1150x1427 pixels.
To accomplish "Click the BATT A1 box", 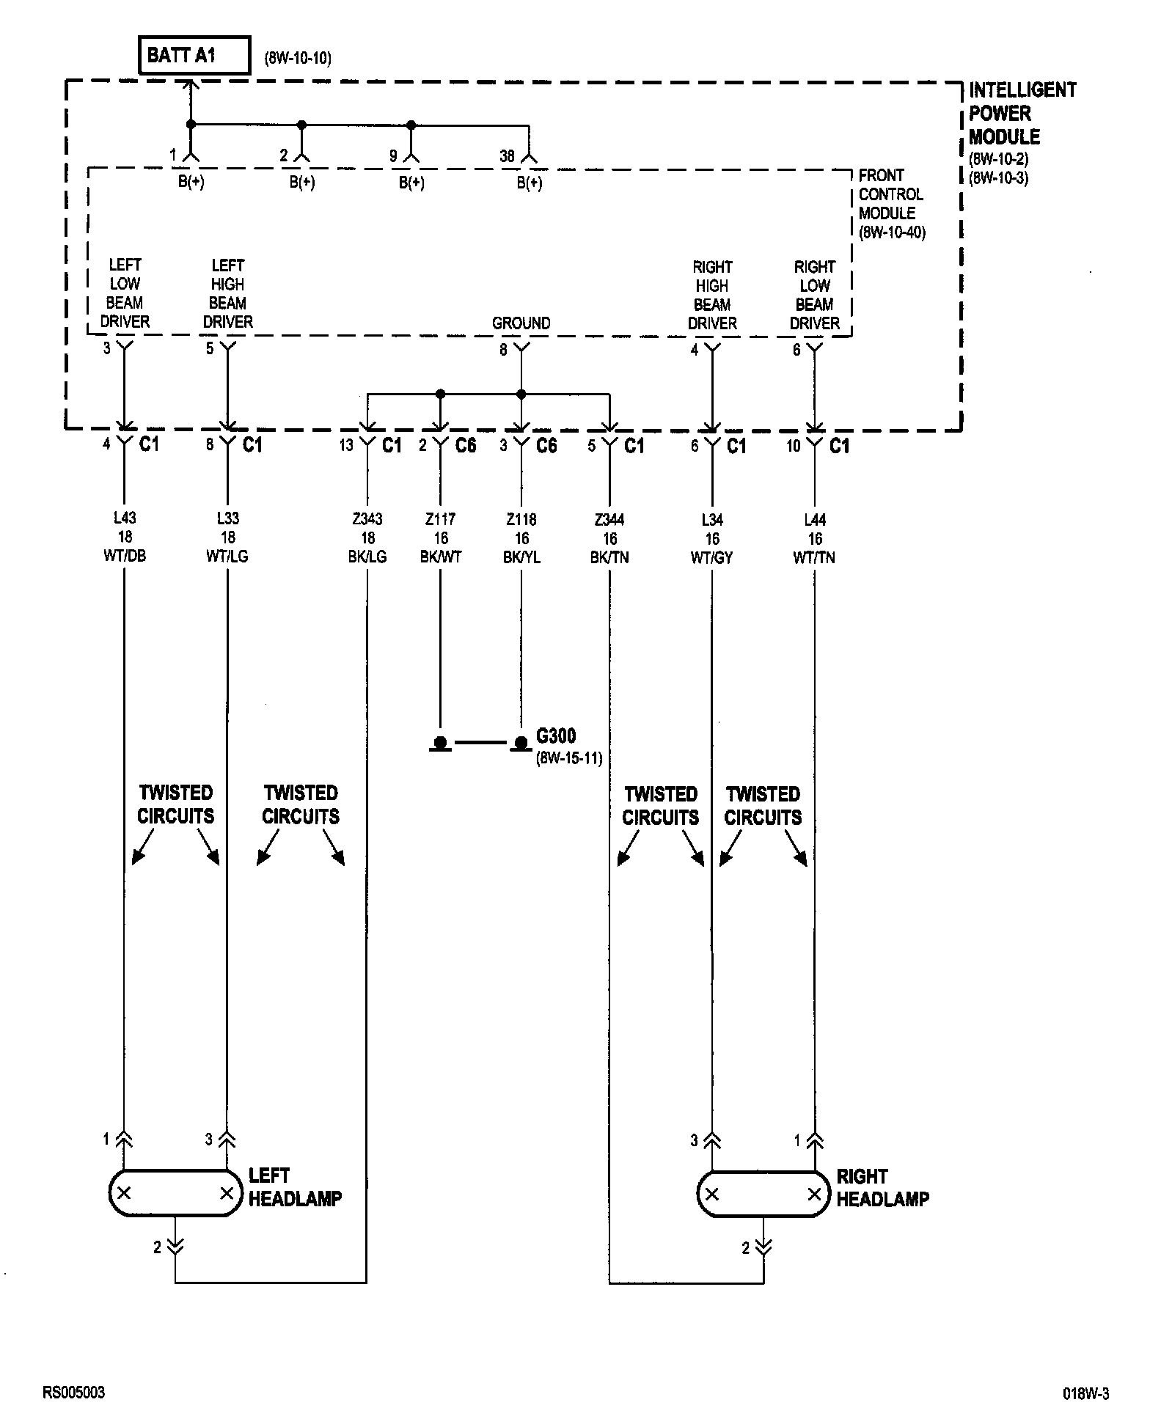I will click(194, 56).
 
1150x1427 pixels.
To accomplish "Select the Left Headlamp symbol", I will click(175, 1193).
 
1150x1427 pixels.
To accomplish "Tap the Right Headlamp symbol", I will click(763, 1194).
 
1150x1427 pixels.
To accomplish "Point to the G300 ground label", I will click(556, 736).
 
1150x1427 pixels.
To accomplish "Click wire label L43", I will click(125, 518).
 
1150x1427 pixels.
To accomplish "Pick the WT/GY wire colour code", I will click(711, 557).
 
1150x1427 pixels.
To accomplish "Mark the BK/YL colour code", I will click(521, 557).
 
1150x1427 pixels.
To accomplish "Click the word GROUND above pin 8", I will click(521, 323).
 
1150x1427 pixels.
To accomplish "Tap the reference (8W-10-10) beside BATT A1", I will click(298, 59).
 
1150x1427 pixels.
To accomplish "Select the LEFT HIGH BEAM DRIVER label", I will click(227, 293).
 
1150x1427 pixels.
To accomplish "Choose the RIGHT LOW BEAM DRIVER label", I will click(814, 295).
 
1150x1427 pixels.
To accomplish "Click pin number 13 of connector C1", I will click(346, 445).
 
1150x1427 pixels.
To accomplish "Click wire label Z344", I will click(609, 520).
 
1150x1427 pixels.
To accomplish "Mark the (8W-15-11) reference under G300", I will click(569, 758).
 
